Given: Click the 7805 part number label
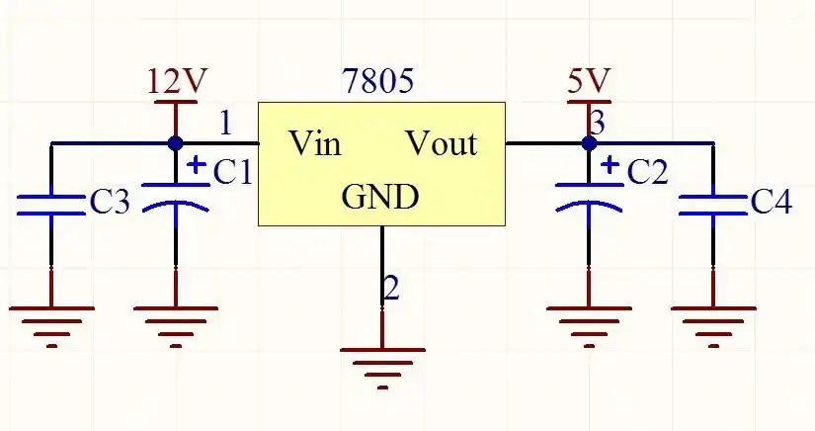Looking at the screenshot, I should pos(378,81).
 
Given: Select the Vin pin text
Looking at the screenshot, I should pos(315,144).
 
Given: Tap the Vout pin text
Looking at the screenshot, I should pos(442,144).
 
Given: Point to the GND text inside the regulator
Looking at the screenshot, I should pos(380,198).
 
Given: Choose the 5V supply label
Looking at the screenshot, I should pos(589,80).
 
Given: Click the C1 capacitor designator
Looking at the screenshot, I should pos(233,173).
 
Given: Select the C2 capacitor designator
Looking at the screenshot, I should pos(648,173).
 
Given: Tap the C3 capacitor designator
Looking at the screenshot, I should pos(110,203).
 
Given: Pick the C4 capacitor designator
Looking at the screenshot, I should pos(771,203).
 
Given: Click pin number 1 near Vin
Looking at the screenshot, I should pos(226,123).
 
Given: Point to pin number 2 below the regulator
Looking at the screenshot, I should pos(391,289).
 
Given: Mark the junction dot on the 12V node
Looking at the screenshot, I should pos(176,143).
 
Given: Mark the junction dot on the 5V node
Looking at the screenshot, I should pos(590,143).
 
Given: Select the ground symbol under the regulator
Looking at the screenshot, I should pos(382,362).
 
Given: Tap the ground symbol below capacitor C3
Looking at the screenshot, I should pos(51,322).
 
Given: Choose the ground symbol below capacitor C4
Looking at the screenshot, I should pos(713,322).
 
